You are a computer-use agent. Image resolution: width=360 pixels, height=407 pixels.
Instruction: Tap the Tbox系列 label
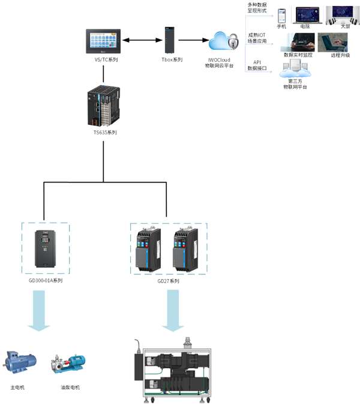coord(172,60)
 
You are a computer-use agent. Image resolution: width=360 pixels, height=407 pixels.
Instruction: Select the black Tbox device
coord(170,40)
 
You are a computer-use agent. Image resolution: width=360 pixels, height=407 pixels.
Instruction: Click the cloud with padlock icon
coord(223,42)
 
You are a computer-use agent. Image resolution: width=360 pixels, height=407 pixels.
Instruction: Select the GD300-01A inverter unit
coord(45,249)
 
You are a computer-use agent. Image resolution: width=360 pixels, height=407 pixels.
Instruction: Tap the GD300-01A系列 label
coord(46,281)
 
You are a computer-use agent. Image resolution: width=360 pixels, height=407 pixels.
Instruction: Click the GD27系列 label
coord(169,281)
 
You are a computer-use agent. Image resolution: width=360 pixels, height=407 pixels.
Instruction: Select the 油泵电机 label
coord(70,387)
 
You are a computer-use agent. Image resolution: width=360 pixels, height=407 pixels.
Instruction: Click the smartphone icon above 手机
coord(281,15)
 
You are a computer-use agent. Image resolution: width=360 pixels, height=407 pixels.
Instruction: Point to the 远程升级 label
coord(340,55)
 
